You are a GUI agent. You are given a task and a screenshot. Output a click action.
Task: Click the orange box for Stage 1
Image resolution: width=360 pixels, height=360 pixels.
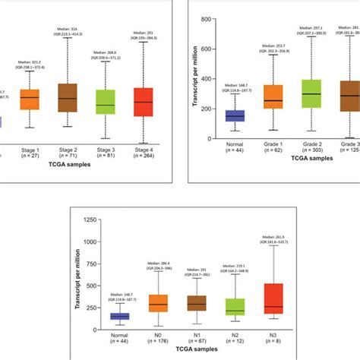point(29,99)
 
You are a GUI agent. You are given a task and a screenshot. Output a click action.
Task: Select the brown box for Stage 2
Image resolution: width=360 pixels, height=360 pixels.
point(68,97)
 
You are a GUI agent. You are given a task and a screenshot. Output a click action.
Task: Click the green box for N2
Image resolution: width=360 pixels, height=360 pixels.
point(235,307)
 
